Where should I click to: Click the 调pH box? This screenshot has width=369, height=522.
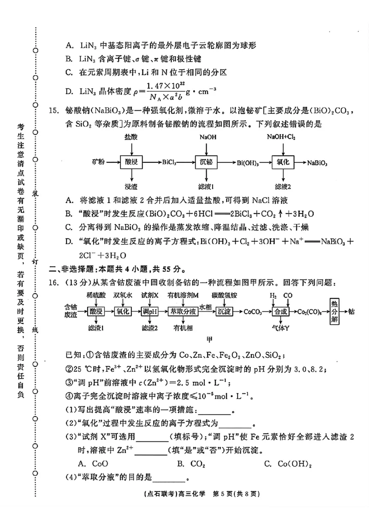(x=150, y=311)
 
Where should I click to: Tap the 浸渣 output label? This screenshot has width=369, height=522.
(x=131, y=187)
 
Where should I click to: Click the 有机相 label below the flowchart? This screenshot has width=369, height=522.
(x=183, y=328)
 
